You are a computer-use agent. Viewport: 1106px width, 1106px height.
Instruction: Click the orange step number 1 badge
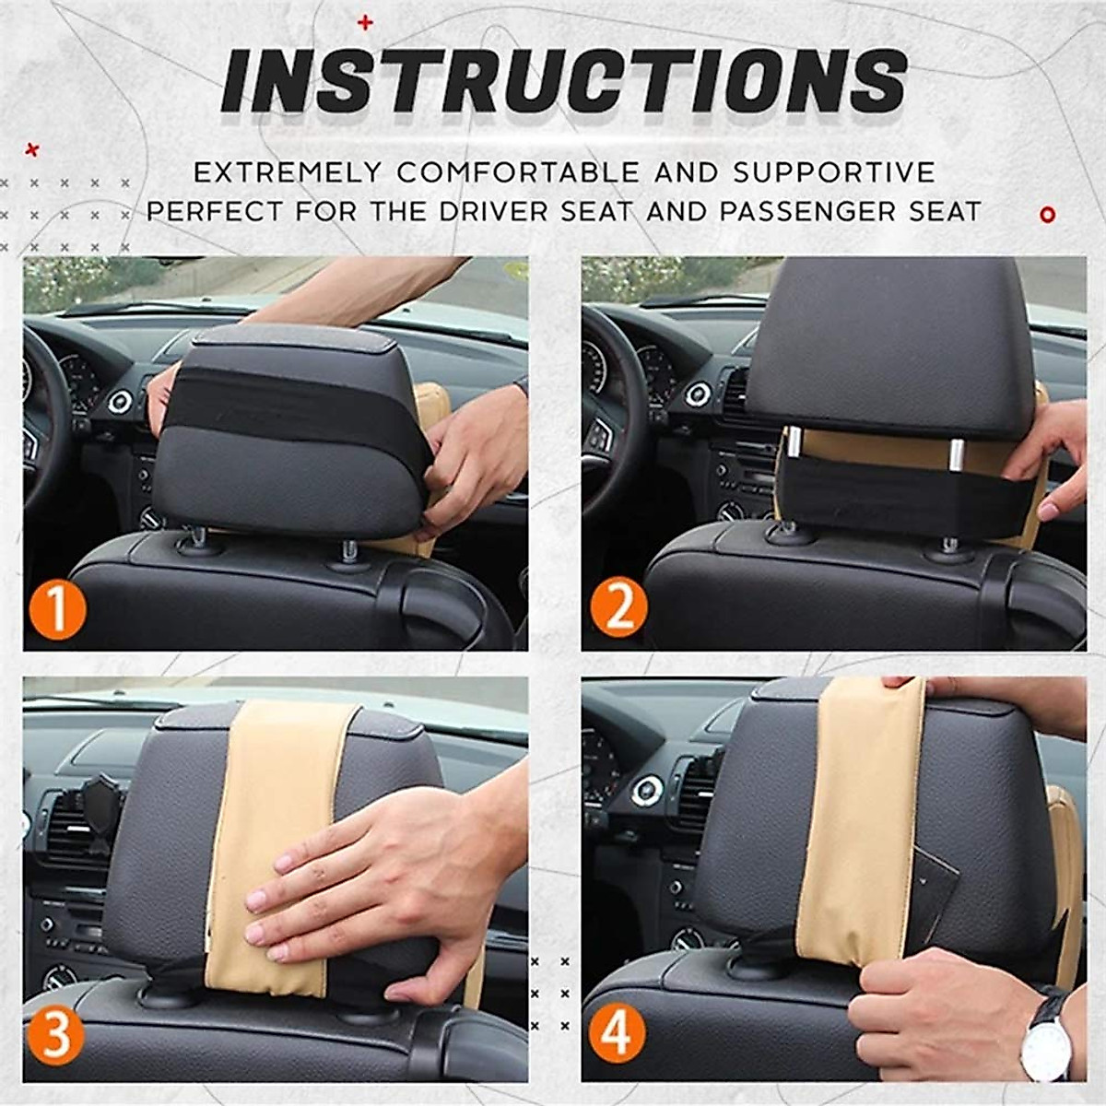click(x=57, y=608)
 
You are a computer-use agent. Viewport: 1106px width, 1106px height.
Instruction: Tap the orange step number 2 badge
click(x=618, y=608)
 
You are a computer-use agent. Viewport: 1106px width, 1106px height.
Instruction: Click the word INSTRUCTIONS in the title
click(x=564, y=82)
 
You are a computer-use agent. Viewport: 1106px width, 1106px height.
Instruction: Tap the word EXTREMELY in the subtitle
click(x=288, y=172)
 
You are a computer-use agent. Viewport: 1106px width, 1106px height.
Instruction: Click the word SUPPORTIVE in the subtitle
click(x=834, y=172)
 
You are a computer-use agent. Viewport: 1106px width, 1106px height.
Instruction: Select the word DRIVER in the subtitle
click(x=494, y=212)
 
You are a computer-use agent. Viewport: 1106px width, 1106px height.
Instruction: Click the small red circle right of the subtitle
click(x=1047, y=216)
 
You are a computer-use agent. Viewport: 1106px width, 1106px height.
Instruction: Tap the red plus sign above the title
click(x=365, y=23)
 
